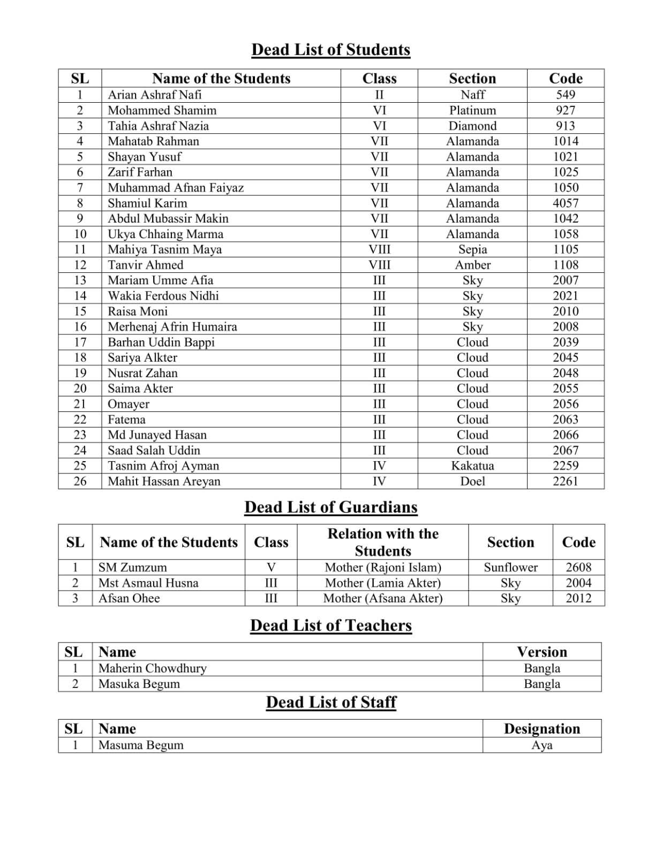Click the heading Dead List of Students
pos(330,50)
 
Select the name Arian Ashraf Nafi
pos(154,95)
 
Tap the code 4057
pos(565,203)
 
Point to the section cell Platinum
pos(472,110)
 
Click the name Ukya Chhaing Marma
pos(165,234)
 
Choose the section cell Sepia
pos(472,249)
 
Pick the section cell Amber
pos(472,265)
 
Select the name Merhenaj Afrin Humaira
pos(172,327)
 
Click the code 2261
pos(565,481)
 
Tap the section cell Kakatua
pos(472,466)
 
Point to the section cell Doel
pos(472,481)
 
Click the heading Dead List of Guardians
pos(330,507)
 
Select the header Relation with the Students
pos(382,542)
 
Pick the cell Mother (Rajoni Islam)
pos(382,568)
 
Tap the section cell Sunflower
pos(510,568)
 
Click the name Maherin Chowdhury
pos(152,668)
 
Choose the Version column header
pos(541,652)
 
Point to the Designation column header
pos(541,729)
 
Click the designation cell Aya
pos(541,745)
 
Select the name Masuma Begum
pos(140,745)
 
